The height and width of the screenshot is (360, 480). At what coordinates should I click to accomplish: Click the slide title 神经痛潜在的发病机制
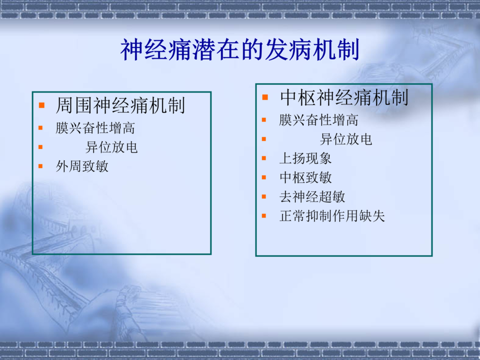tap(239, 50)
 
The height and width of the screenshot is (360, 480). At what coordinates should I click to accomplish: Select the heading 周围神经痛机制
tap(121, 105)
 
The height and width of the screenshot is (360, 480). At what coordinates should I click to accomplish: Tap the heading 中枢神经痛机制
tap(344, 98)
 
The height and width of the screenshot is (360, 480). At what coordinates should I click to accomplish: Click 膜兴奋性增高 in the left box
tap(95, 128)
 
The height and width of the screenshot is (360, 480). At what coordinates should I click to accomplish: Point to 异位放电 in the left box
tap(112, 147)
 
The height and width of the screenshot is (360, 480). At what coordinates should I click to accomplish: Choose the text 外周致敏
tap(82, 166)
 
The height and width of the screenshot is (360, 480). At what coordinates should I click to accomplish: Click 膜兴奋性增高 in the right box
tap(319, 120)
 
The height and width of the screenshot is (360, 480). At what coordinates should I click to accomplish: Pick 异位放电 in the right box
tap(346, 140)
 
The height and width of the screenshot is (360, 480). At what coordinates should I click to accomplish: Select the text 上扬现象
tap(305, 159)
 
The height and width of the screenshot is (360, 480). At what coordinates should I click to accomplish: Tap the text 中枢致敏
tap(305, 177)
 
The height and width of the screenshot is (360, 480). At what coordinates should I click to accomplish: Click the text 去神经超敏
tap(312, 197)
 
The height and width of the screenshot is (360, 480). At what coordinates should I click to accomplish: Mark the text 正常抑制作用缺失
tap(332, 216)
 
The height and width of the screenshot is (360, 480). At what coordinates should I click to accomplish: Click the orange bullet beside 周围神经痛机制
tap(42, 105)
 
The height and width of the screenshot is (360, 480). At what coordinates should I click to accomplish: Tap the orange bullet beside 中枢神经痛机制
tap(265, 98)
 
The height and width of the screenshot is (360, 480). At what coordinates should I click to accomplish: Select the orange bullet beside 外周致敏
tap(41, 166)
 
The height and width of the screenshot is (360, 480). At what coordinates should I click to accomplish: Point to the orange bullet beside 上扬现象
tap(264, 159)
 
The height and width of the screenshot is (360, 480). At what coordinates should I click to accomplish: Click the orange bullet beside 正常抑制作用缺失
tap(264, 216)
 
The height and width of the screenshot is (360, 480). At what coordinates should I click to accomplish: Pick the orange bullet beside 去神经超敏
tap(264, 196)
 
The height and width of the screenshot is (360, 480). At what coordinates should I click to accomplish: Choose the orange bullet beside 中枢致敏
tap(264, 177)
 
